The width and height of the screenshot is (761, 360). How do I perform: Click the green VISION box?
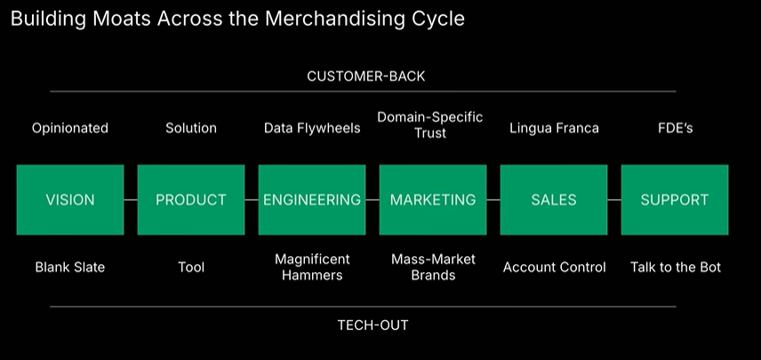click(69, 200)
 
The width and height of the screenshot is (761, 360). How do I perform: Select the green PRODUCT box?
click(191, 200)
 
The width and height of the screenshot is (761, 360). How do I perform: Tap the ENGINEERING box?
click(312, 200)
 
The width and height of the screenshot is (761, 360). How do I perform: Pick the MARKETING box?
click(433, 200)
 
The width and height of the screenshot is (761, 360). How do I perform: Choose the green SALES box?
click(554, 200)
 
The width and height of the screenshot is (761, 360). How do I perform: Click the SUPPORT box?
click(675, 200)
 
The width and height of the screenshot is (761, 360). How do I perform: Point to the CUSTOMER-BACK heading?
click(365, 76)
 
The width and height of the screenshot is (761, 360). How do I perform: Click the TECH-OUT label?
click(372, 324)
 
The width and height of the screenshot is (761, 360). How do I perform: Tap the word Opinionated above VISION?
click(70, 128)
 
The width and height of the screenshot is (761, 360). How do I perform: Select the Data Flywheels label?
click(312, 128)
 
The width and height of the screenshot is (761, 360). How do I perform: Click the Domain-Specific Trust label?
click(429, 124)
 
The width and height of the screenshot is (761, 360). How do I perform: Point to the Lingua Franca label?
click(554, 128)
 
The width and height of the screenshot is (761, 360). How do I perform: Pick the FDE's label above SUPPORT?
click(675, 128)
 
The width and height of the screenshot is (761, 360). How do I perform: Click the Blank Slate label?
click(70, 267)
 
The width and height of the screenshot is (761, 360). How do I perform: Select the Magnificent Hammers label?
click(312, 267)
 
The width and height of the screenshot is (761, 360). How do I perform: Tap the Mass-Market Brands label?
click(434, 267)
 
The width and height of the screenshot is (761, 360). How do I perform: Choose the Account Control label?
click(554, 267)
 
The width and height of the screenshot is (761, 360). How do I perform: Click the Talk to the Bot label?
click(676, 267)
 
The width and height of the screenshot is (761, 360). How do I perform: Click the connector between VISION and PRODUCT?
click(131, 200)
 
